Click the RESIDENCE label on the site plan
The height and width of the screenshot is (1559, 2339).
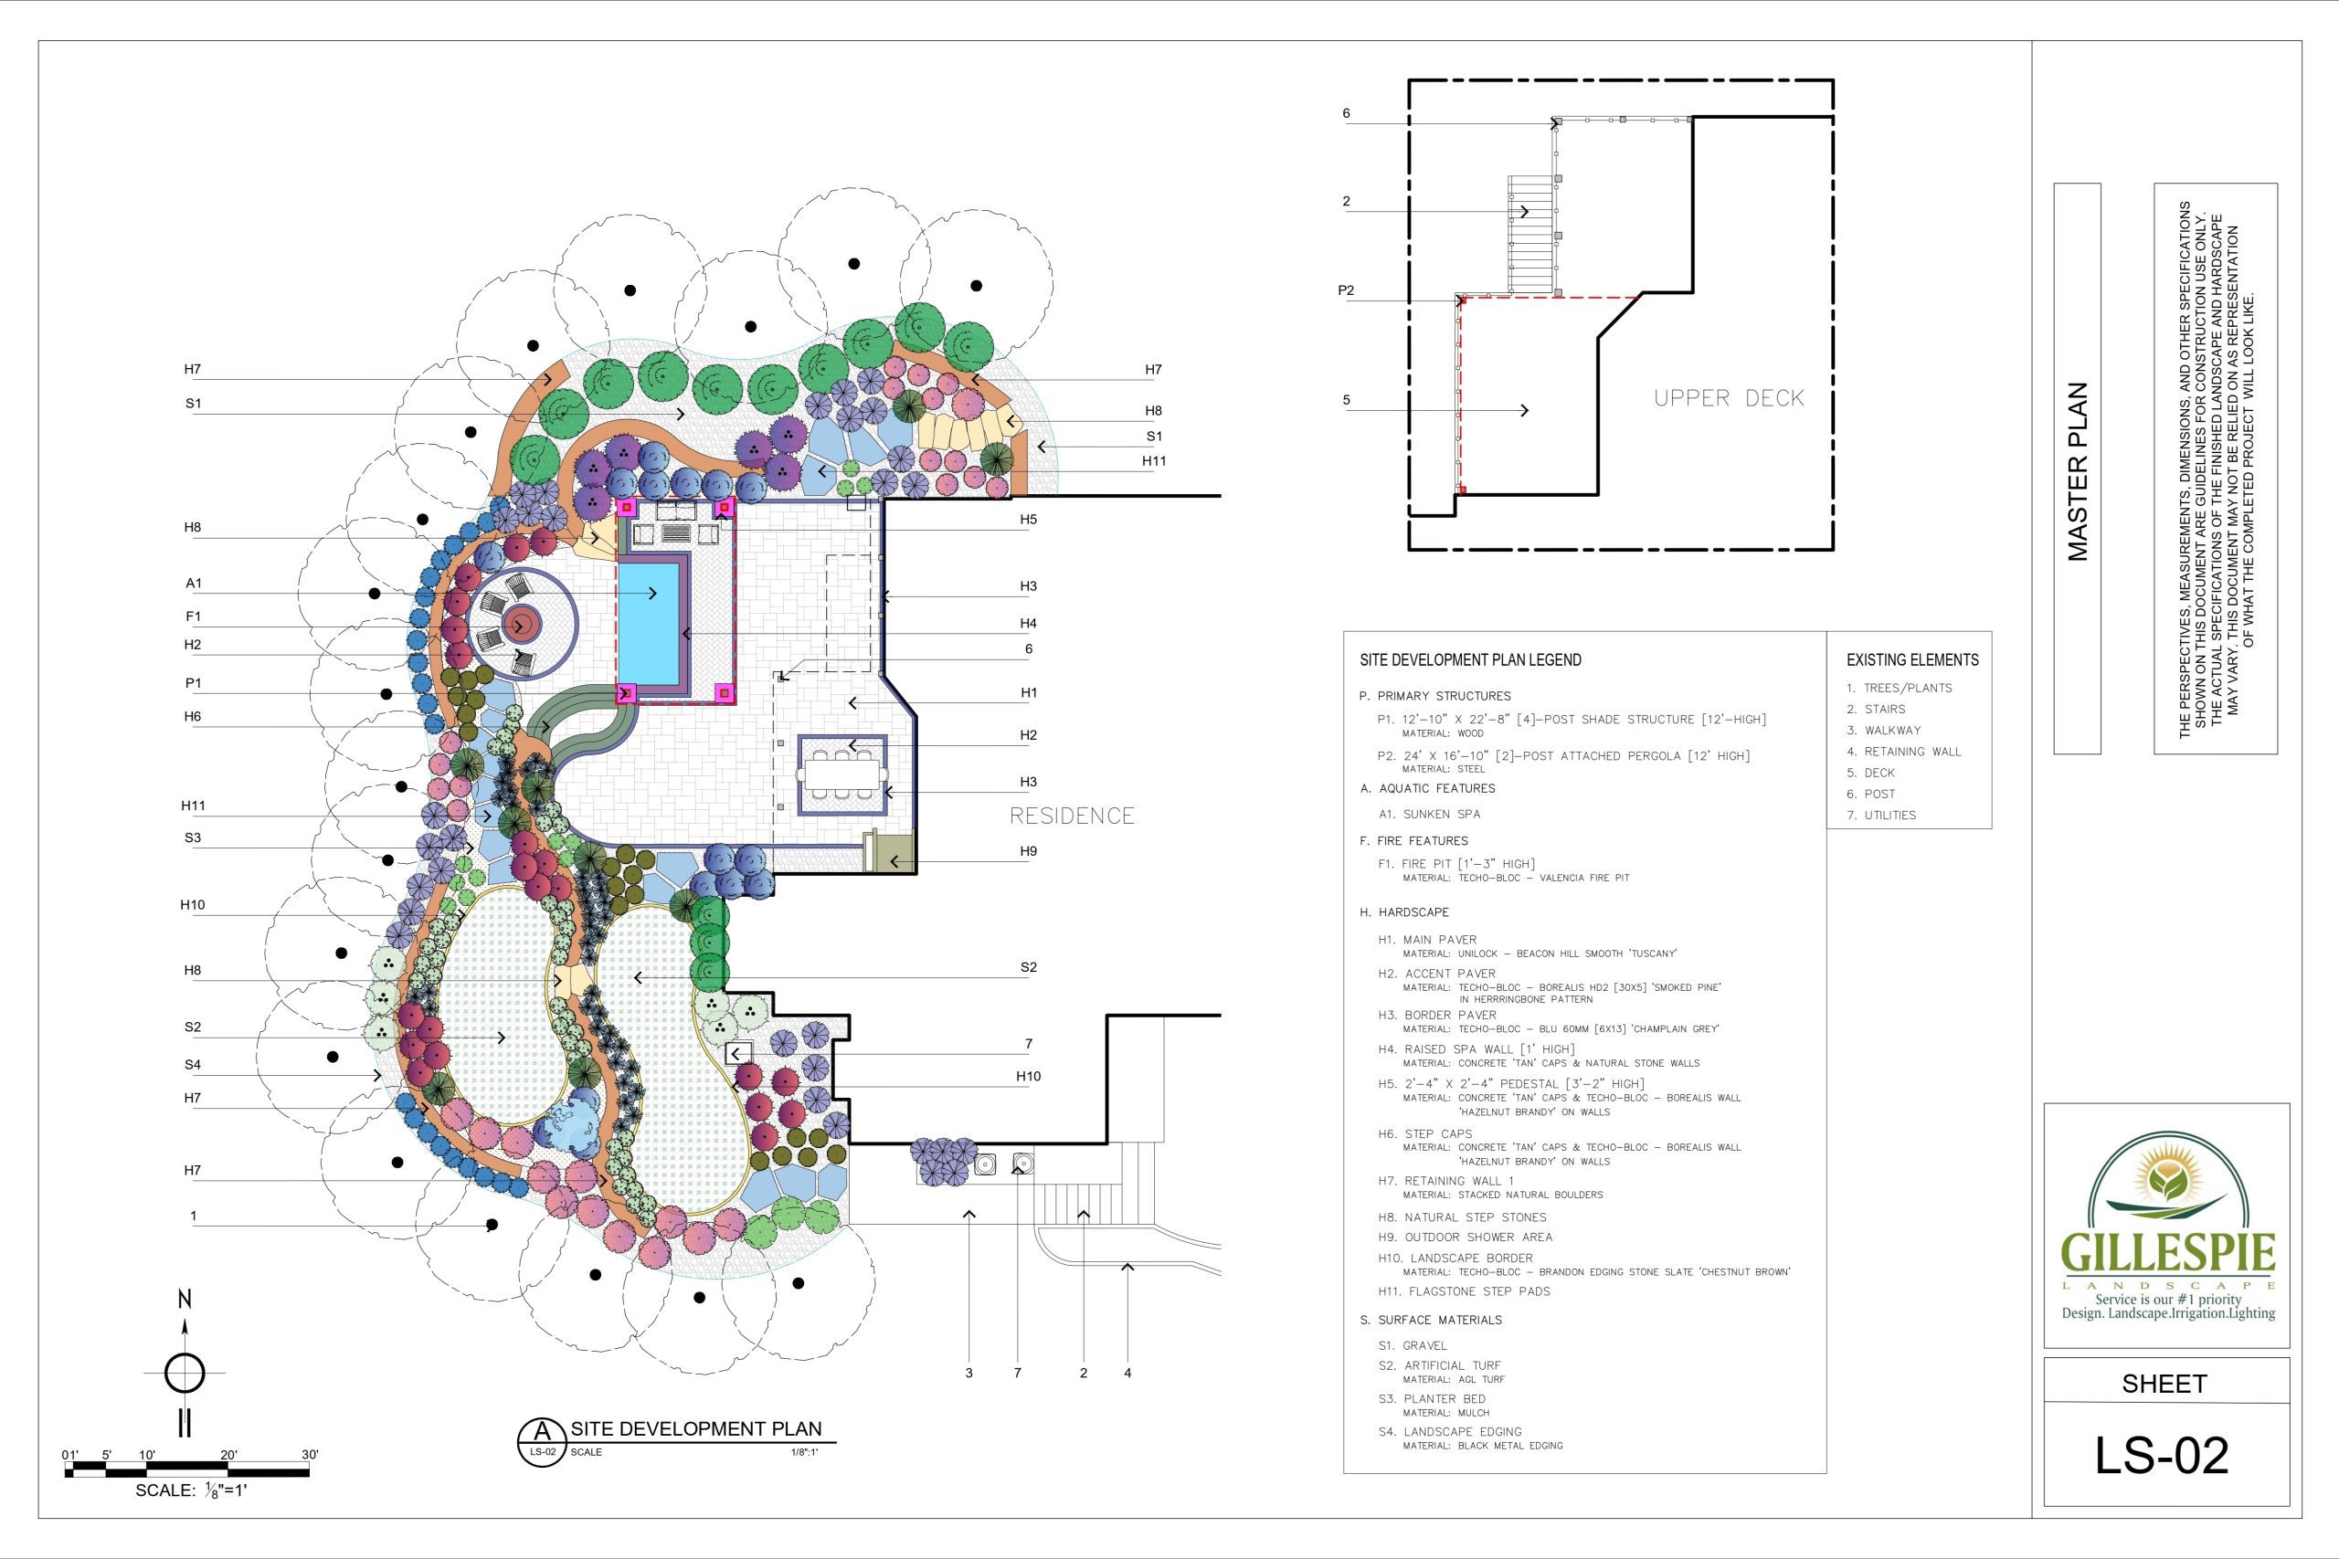1071,816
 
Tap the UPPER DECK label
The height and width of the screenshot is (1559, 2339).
1729,397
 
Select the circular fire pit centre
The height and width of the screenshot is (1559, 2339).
519,626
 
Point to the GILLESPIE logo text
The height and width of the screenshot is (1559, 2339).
2168,1253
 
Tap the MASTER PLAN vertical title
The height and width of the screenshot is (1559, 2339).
2078,471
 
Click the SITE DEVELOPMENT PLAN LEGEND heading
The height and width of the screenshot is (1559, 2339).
1470,660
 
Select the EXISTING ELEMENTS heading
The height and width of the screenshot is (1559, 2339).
1912,660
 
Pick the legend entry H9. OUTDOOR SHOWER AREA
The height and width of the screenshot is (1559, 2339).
1465,1237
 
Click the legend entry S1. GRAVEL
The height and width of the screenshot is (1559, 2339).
1413,1345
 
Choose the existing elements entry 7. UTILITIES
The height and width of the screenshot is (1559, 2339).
1880,816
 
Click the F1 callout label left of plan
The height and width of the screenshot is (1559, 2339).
193,616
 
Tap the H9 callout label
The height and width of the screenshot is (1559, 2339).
1028,851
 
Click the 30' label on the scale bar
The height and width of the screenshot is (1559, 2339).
311,1455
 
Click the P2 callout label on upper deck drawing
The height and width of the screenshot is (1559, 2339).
1346,290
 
